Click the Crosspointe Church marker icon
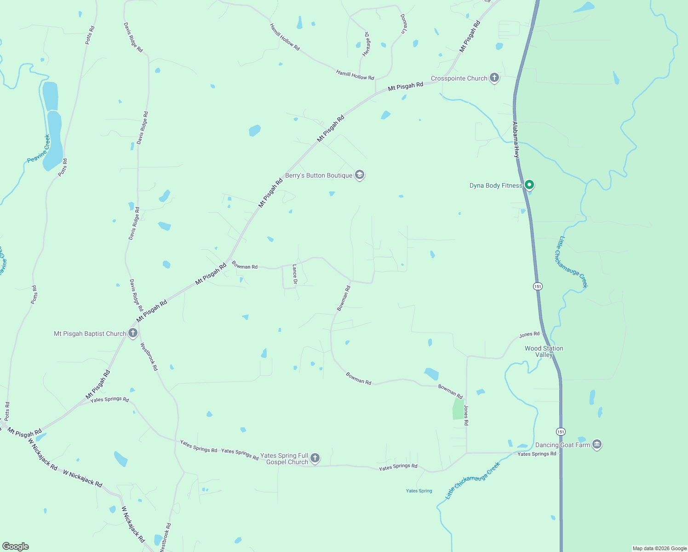pyautogui.click(x=494, y=78)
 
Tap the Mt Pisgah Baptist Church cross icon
pyautogui.click(x=133, y=333)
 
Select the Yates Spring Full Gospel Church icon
pyautogui.click(x=315, y=458)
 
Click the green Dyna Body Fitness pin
pyautogui.click(x=529, y=185)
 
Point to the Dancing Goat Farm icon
pyautogui.click(x=597, y=444)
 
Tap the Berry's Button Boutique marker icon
pyautogui.click(x=360, y=175)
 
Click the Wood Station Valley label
pyautogui.click(x=544, y=351)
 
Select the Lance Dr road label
pyautogui.click(x=295, y=274)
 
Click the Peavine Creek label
pyautogui.click(x=38, y=149)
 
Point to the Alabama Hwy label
pyautogui.click(x=516, y=140)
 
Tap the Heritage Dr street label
pyautogui.click(x=366, y=44)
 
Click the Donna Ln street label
pyautogui.click(x=403, y=24)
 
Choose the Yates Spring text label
pyautogui.click(x=419, y=491)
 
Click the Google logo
pyautogui.click(x=16, y=546)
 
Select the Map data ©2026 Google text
pyautogui.click(x=659, y=548)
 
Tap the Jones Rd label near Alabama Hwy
pyautogui.click(x=529, y=335)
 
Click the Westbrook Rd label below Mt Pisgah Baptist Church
pyautogui.click(x=149, y=356)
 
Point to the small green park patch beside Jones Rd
pyautogui.click(x=459, y=408)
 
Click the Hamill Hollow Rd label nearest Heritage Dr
pyautogui.click(x=355, y=75)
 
